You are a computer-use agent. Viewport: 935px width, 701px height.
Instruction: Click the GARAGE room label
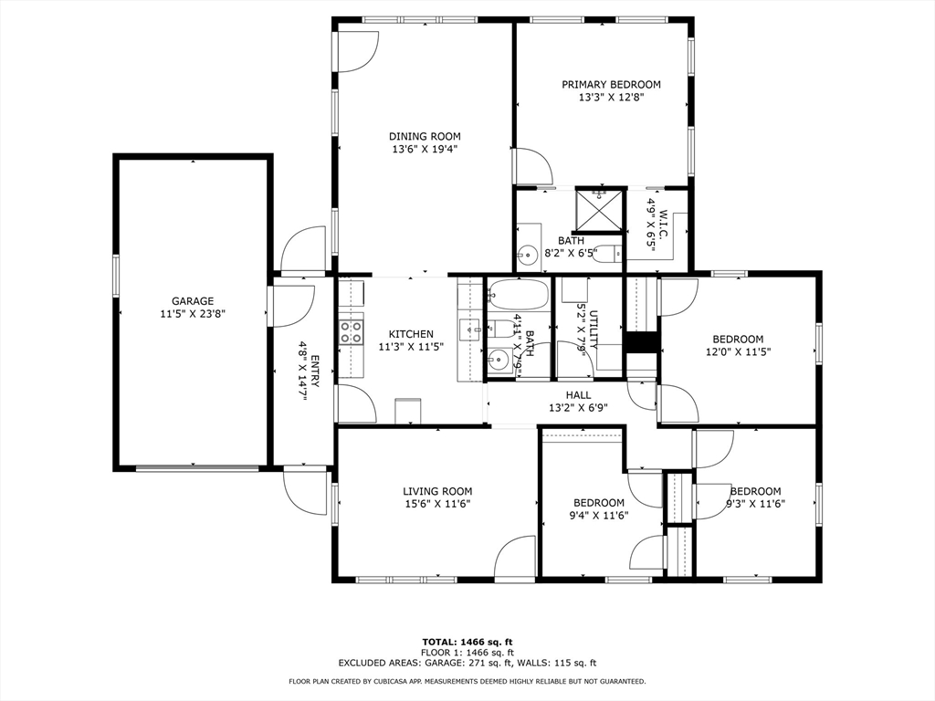coord(193,301)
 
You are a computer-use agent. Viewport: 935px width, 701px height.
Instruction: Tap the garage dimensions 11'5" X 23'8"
coord(193,313)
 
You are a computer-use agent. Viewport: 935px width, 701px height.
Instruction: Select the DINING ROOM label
coord(425,137)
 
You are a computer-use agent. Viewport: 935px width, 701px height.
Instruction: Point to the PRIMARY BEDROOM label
coord(611,85)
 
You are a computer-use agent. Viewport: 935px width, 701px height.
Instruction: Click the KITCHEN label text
coord(411,334)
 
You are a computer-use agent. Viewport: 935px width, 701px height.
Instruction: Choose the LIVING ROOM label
coord(438,491)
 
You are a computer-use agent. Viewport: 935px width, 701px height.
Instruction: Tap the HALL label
coord(578,395)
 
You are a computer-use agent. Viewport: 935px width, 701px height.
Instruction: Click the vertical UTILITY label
coord(593,329)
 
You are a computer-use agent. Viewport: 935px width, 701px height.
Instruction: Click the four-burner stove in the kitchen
coord(351,330)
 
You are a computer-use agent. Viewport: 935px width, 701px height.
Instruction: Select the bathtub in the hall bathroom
coord(518,296)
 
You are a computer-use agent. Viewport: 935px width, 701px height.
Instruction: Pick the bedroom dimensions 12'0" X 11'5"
coord(738,351)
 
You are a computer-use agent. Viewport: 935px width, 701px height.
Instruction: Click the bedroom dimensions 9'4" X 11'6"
coord(599,516)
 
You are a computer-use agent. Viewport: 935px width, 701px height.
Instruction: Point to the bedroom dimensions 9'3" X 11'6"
coord(755,504)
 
